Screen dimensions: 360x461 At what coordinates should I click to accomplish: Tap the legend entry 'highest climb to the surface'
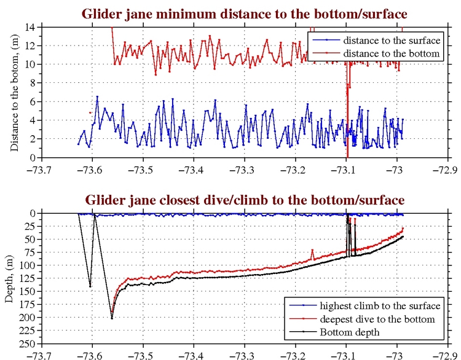click(x=380, y=306)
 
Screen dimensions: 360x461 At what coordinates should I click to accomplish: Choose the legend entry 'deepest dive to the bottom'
click(x=380, y=319)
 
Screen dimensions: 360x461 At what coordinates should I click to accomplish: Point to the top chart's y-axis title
click(x=14, y=92)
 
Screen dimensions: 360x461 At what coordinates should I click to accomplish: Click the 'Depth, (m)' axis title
click(x=11, y=277)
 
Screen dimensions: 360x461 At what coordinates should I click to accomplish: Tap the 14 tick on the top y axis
click(x=30, y=27)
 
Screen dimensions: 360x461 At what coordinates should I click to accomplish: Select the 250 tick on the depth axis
click(x=27, y=344)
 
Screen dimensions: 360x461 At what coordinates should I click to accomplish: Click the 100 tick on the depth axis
click(x=27, y=265)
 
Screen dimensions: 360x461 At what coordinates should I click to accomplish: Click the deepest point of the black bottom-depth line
click(x=112, y=318)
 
